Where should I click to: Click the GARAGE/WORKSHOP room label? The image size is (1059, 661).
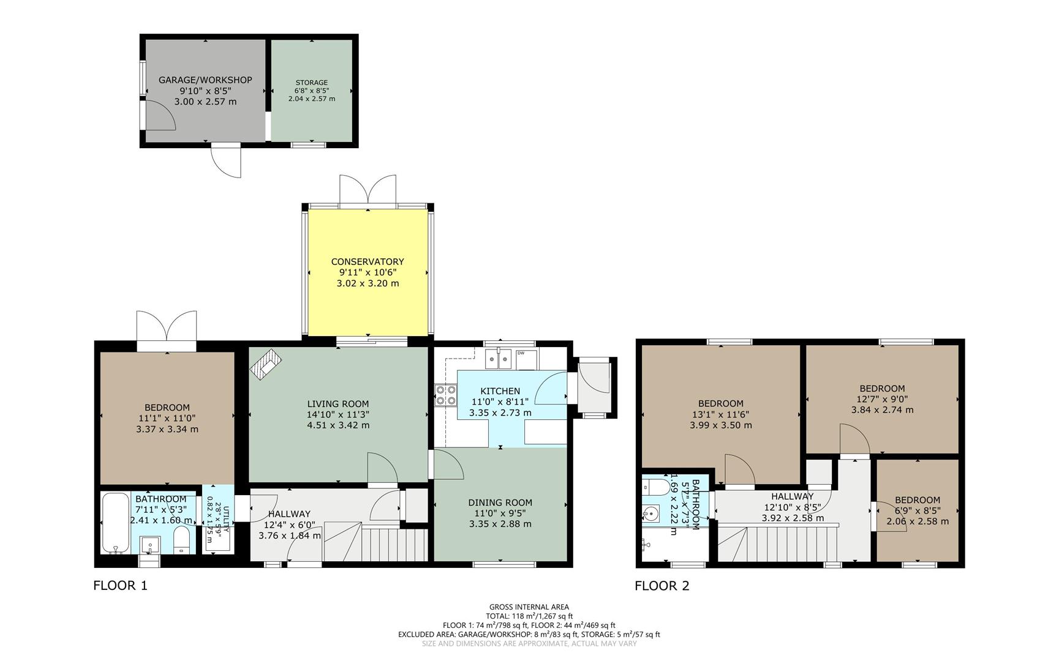(x=205, y=80)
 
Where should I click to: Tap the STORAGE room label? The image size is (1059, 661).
(x=312, y=83)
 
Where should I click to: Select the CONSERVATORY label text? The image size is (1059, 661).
(x=367, y=261)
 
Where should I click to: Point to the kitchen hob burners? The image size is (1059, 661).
(x=446, y=395)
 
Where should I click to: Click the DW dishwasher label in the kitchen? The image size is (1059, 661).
(x=521, y=353)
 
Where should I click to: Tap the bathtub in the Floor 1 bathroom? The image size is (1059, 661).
(x=115, y=522)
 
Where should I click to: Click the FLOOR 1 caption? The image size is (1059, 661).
(x=120, y=586)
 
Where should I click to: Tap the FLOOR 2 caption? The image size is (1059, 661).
(x=662, y=586)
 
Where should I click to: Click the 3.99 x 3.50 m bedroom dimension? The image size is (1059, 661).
(x=721, y=425)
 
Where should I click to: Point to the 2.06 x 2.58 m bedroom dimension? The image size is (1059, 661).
(x=918, y=521)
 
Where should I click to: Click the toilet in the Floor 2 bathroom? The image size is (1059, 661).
(x=656, y=487)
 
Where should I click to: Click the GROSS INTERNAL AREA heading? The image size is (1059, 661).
(x=529, y=607)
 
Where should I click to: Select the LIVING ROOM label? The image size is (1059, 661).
(x=338, y=403)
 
